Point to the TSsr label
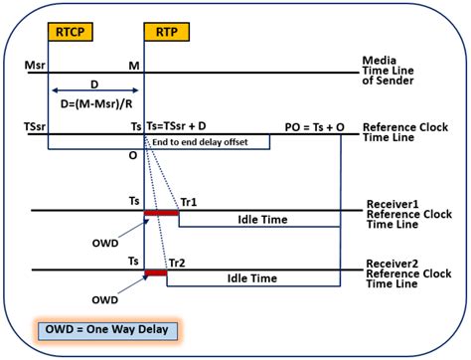coord(32,128)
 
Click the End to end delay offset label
coord(213,143)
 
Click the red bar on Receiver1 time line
coord(161,213)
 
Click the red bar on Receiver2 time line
coord(155,272)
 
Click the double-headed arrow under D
coord(95,90)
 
